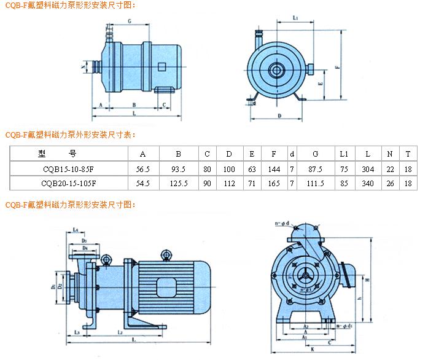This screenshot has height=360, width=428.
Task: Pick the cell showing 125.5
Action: [x=178, y=183]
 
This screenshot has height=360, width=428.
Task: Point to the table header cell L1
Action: [x=344, y=154]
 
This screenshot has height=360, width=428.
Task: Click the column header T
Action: [x=408, y=154]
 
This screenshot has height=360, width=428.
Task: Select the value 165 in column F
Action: [x=274, y=183]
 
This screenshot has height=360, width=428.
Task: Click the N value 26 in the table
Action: [x=390, y=183]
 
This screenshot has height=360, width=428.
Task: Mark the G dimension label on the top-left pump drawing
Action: [x=130, y=21]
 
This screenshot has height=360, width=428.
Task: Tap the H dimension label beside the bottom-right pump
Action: [x=367, y=280]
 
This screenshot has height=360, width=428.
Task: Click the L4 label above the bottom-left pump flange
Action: [x=75, y=230]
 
